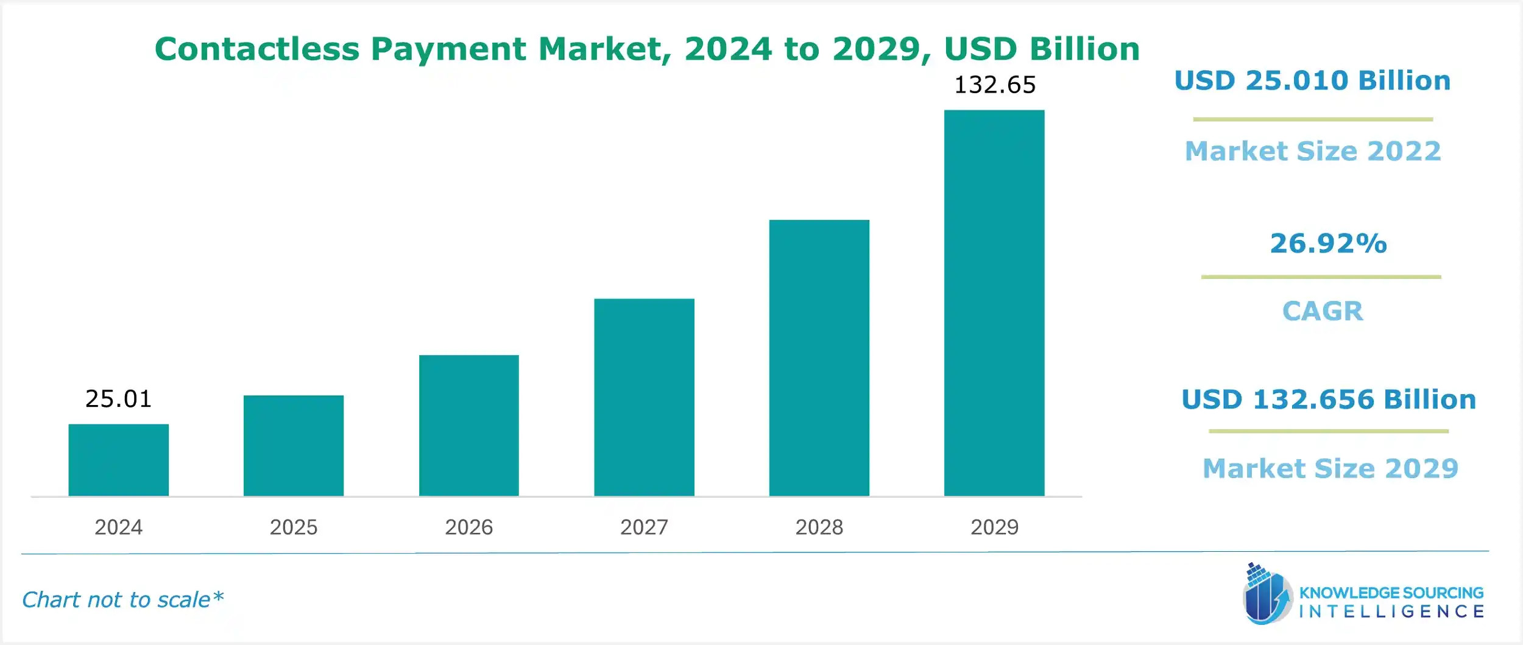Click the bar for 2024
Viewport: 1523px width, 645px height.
pyautogui.click(x=118, y=460)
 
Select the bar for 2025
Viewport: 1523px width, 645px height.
pyautogui.click(x=294, y=445)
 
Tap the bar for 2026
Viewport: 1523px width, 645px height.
pyautogui.click(x=468, y=425)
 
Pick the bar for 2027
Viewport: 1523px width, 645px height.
pyautogui.click(x=644, y=397)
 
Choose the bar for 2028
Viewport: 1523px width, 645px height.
pyautogui.click(x=819, y=358)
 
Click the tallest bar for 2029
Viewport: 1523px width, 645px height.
pyautogui.click(x=994, y=303)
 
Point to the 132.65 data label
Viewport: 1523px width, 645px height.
pyautogui.click(x=994, y=85)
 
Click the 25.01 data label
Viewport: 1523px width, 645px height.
pyautogui.click(x=118, y=399)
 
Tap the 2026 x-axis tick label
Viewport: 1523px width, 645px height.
pyautogui.click(x=468, y=527)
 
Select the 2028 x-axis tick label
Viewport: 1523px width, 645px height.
pyautogui.click(x=819, y=527)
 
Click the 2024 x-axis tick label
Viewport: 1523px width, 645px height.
pyautogui.click(x=118, y=527)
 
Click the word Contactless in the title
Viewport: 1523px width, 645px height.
pyautogui.click(x=256, y=49)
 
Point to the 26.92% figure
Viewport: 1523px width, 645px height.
pyautogui.click(x=1328, y=243)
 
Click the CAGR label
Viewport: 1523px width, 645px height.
pyautogui.click(x=1322, y=311)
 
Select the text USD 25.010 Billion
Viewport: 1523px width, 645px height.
pyautogui.click(x=1312, y=80)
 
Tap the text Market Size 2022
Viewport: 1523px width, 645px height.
pyautogui.click(x=1313, y=151)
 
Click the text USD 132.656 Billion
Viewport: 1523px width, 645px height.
pyautogui.click(x=1329, y=400)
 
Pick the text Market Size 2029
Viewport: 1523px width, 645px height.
pyautogui.click(x=1330, y=468)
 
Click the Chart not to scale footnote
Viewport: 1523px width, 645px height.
pyautogui.click(x=122, y=599)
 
